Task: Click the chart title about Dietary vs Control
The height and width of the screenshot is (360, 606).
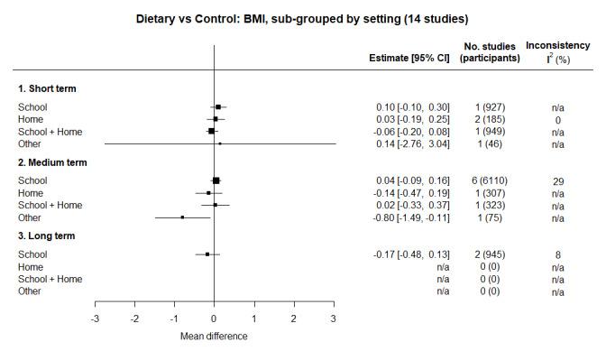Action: [302, 18]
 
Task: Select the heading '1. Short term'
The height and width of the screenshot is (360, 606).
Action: [48, 88]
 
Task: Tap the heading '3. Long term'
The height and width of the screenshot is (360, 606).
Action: [47, 236]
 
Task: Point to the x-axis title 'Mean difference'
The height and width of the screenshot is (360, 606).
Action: [214, 337]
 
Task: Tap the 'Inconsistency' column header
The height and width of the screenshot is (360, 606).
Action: [557, 45]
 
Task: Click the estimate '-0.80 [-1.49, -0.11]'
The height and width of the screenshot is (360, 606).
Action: [412, 217]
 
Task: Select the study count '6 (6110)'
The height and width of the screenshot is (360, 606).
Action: [490, 180]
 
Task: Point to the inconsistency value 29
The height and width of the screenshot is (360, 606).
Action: [558, 180]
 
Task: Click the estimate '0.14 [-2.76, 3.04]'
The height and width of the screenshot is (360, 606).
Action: [414, 143]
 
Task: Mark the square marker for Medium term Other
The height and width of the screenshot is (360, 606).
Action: [182, 217]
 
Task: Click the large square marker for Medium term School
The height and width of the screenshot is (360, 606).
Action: [216, 180]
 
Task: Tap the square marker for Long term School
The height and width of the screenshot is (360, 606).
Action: [207, 254]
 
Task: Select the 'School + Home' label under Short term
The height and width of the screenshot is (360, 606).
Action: [50, 132]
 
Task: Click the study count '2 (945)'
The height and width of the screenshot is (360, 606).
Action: [490, 254]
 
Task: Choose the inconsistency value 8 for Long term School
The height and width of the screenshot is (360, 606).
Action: [558, 254]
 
